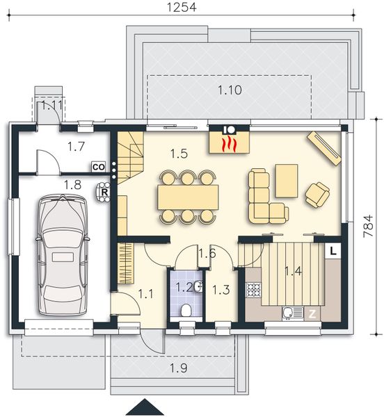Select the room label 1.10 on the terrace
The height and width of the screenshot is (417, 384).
pos(229,90)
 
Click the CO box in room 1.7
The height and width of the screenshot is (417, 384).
pos(98,167)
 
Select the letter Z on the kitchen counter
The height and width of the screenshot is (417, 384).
pos(312,313)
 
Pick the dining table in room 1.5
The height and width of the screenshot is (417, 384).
pos(188,197)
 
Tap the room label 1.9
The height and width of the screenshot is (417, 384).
pos(179,368)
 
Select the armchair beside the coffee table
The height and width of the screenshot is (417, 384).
pos(318,193)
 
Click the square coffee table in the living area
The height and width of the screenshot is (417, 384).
pos(286,180)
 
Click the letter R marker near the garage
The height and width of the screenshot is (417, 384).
pos(104,191)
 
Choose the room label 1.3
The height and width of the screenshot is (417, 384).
pos(221,288)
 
